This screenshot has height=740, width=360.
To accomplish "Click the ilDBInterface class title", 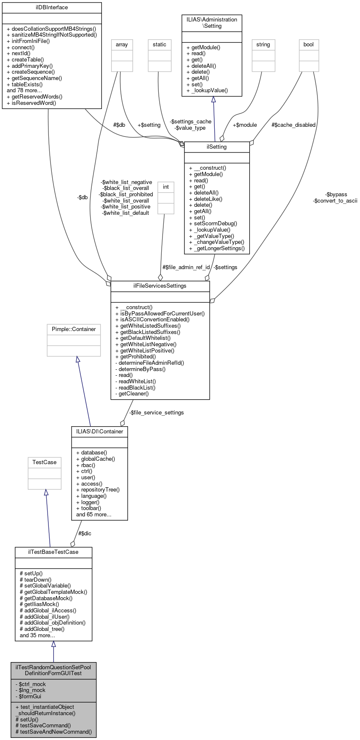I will [52, 8].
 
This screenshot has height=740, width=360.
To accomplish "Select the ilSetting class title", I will [217, 147].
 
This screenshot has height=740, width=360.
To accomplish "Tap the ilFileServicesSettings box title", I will [160, 286].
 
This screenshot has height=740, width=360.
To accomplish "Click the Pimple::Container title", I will [74, 329].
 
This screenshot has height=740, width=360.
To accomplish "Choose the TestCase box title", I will [45, 462].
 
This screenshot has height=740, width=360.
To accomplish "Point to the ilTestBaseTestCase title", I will [53, 552].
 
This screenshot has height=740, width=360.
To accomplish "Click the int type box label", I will [166, 187].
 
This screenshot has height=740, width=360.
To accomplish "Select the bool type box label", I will [309, 45].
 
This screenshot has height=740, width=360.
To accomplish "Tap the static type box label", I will [160, 45].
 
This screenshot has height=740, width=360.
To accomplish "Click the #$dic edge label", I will [85, 534].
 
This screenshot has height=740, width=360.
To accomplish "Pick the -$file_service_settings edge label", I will [156, 413].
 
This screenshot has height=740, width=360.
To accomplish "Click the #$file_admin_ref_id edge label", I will [186, 267].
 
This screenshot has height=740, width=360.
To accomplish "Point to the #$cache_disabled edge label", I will [293, 125].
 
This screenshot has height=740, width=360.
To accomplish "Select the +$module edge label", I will [245, 125].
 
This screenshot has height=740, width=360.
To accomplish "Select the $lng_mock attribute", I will [32, 690].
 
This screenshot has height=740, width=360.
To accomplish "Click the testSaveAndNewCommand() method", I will [53, 732].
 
